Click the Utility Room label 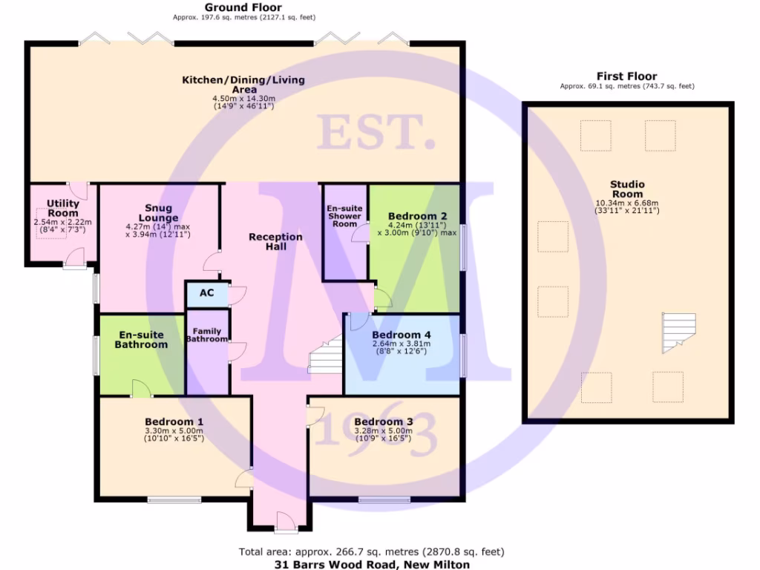62,208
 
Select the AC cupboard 207,293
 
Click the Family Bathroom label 207,335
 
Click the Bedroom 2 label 417,217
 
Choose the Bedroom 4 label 402,335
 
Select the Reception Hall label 275,241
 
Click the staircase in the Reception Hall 325,355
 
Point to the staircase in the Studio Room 678,332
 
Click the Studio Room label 627,189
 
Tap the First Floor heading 627,76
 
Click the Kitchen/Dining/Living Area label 243,84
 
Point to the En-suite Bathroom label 141,340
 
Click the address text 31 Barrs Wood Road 371,564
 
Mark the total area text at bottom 371,551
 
